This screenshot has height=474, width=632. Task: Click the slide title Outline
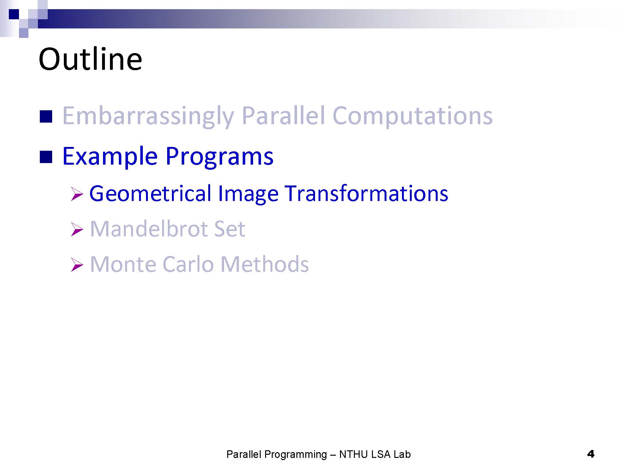(90, 59)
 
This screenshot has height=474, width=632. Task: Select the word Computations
(412, 116)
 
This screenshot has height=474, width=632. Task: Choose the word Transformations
(367, 193)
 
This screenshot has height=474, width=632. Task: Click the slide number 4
(591, 454)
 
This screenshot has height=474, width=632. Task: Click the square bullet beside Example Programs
(46, 157)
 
